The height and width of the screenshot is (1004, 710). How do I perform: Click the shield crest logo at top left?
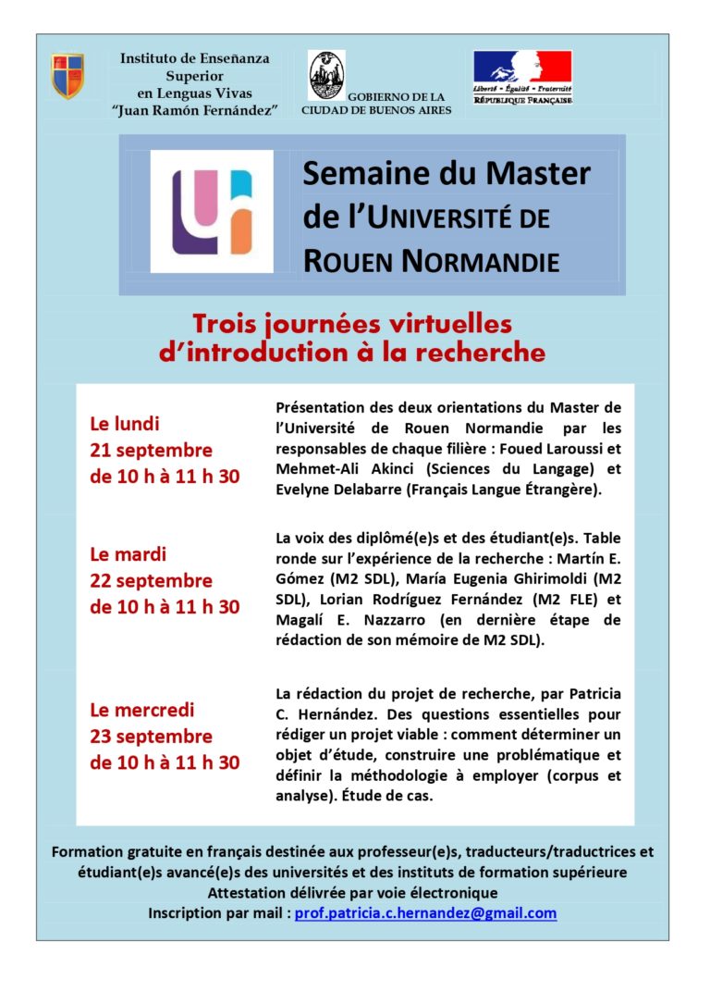coord(67,76)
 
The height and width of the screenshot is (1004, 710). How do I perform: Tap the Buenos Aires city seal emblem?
coord(325,75)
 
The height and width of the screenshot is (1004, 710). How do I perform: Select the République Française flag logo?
coord(522,77)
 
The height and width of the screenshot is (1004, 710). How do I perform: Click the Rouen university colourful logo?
coord(212,212)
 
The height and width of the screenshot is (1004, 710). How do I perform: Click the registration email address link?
coord(425,913)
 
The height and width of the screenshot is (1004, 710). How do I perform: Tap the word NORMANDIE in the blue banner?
coord(481,262)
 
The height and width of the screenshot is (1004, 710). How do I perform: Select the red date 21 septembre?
coord(151,451)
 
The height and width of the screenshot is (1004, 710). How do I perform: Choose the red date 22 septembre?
coord(151,581)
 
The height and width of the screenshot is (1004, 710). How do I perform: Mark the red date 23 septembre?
coord(151,737)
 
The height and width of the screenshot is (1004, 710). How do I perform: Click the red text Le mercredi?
coord(141,711)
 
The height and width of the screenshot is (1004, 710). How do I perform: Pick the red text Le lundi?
coord(125,425)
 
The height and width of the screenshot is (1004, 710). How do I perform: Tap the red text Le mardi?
coord(128,555)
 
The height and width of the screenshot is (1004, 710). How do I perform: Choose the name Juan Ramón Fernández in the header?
coord(196,110)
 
